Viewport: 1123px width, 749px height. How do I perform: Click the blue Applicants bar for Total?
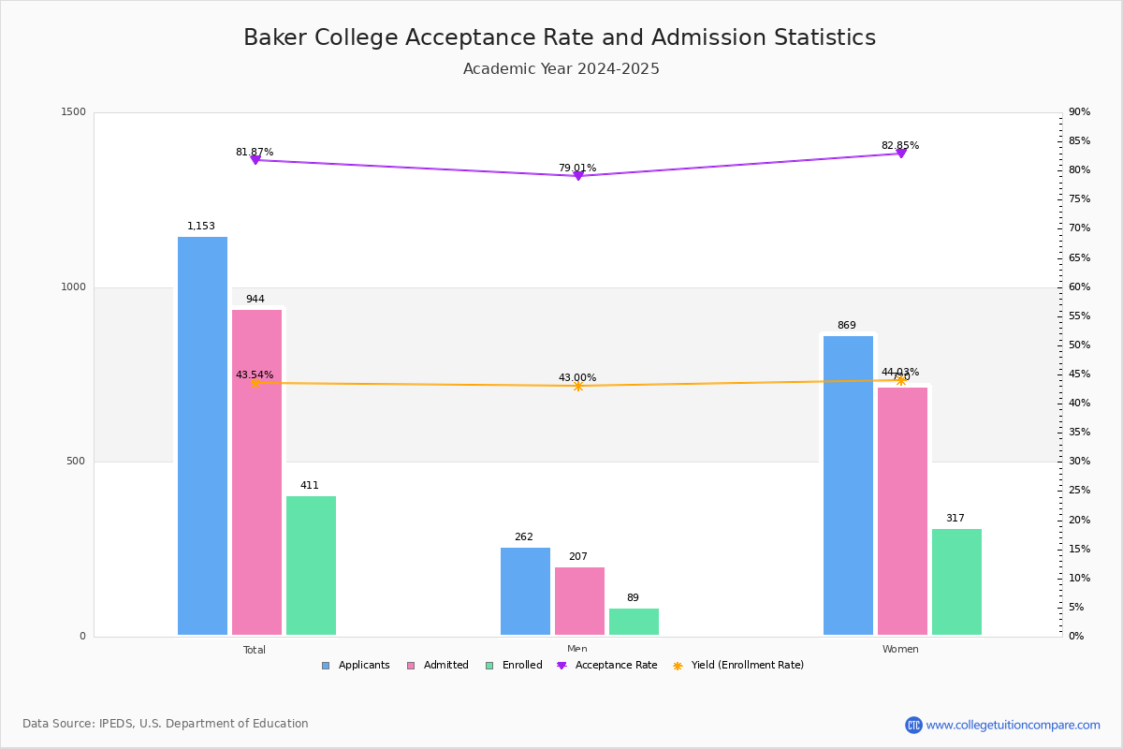pos(202,435)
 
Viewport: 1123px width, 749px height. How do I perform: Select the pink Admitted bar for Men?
pos(579,601)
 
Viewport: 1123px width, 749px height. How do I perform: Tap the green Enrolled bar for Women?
pos(956,581)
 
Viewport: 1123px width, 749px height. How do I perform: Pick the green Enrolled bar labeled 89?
pos(634,622)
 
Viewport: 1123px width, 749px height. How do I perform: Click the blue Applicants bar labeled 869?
pos(848,485)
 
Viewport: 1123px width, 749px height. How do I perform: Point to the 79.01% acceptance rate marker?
pos(577,176)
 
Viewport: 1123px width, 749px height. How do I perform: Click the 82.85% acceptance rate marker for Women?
pos(901,153)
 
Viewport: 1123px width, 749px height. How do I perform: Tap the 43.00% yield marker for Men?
pos(577,386)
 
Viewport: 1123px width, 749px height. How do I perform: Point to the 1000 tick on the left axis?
pos(73,287)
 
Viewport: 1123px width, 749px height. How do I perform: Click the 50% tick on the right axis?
pos(1080,345)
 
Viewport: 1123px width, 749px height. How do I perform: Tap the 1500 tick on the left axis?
pos(73,112)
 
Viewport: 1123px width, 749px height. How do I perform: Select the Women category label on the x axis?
pos(900,650)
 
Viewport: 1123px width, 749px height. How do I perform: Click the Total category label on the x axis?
pos(255,650)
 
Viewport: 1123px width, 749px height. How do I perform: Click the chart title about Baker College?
pos(560,37)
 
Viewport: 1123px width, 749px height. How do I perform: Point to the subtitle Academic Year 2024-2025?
pos(561,69)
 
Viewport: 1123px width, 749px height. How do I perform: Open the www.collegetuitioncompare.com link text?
pos(1013,725)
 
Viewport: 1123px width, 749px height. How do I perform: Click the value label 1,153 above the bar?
pos(201,227)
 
